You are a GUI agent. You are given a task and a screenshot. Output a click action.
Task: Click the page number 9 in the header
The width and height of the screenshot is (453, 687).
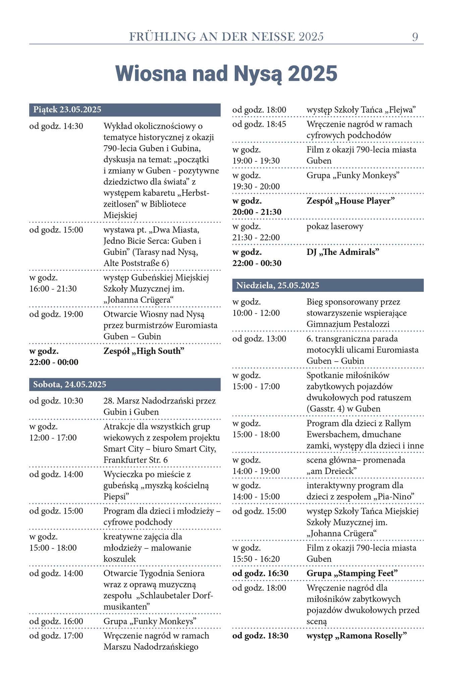[x=415, y=37]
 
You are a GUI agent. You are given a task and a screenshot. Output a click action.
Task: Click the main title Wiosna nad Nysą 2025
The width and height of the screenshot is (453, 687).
[x=226, y=73]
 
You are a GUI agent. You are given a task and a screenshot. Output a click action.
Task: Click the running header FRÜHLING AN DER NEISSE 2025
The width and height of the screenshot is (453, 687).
[x=226, y=37]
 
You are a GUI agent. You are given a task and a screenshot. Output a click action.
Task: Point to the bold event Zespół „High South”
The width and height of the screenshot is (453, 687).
[x=144, y=351]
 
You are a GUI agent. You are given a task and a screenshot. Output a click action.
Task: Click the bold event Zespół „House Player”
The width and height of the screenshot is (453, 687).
[x=350, y=201]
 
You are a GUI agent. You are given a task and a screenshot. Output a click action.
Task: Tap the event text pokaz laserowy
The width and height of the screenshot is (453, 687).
[x=335, y=226]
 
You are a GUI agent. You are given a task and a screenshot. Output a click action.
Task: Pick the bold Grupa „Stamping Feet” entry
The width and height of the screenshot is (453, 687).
[x=352, y=573]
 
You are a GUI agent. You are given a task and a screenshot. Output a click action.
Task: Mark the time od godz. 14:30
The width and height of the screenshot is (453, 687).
[x=56, y=126]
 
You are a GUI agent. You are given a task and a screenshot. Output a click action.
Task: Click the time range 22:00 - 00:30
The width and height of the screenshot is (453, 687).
[x=257, y=263]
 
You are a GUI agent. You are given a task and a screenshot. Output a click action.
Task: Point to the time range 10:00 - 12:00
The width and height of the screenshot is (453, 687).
[x=256, y=313]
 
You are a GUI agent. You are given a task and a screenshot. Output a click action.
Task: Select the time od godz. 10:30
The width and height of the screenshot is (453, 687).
[x=56, y=401]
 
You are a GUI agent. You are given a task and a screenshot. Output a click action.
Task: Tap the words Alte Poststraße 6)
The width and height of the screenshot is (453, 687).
[x=136, y=263]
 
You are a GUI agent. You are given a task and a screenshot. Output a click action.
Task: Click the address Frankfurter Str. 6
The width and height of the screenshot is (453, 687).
[x=135, y=460]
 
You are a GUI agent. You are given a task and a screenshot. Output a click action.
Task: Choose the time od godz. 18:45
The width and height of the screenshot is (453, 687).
[x=260, y=124]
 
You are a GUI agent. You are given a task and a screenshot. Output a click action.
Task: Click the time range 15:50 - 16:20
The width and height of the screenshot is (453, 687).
[x=256, y=559]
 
